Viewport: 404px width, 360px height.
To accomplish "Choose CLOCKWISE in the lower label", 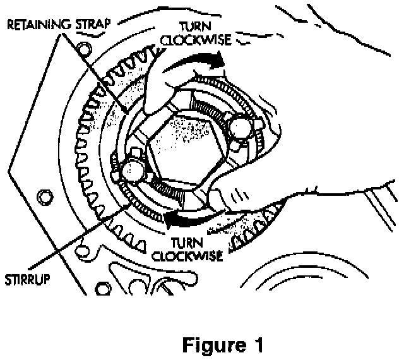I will (x=190, y=256).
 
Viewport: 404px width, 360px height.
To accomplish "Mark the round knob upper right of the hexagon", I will (x=241, y=130).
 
